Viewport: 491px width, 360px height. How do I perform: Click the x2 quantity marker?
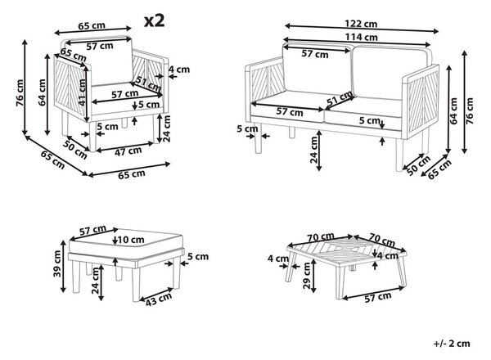pos(154,20)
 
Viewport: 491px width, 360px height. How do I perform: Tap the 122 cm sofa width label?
pos(361,24)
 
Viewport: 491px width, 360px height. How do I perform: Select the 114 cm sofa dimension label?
pos(362,37)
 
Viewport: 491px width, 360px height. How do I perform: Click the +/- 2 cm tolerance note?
pos(452,343)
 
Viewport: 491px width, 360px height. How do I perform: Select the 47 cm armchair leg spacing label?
pos(128,151)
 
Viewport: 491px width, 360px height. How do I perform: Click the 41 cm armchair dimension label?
pos(82,92)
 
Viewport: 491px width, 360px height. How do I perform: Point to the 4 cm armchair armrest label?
pos(179,70)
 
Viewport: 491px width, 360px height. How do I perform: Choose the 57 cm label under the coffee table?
pos(377,297)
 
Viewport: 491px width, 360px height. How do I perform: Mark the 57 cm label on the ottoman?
pos(92,230)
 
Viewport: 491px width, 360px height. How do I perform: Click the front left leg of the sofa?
pos(258,138)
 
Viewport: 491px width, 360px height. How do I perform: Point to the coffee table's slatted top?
pos(346,250)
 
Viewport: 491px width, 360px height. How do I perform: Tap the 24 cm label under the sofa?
pos(313,151)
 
